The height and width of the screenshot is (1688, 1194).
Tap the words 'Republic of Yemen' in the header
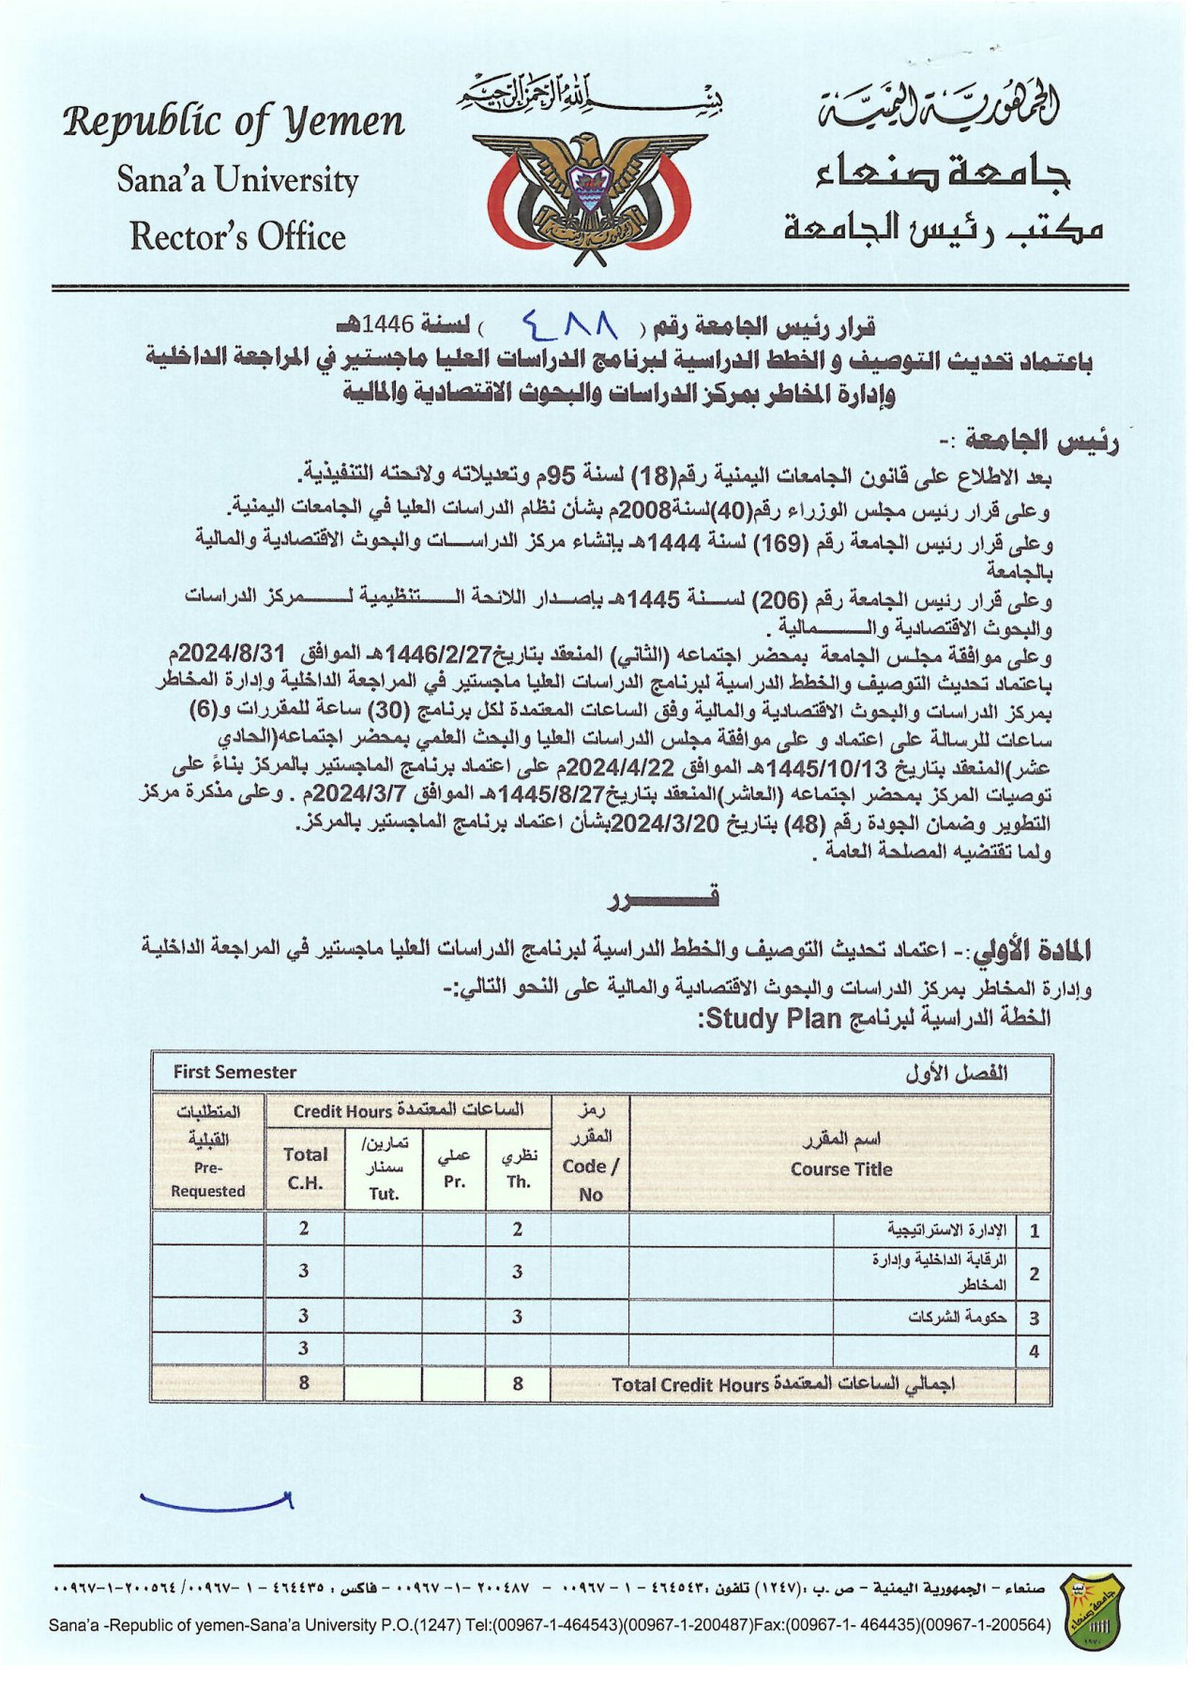click(x=234, y=123)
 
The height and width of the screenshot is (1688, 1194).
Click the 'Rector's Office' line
click(x=237, y=236)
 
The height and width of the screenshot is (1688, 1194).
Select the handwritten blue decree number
click(x=569, y=324)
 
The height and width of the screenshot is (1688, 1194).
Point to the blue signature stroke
click(x=217, y=1501)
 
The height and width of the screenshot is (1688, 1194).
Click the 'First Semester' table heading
click(x=234, y=1072)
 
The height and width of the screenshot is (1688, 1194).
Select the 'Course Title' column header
click(x=840, y=1168)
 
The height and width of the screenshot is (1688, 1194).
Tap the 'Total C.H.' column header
click(x=305, y=1168)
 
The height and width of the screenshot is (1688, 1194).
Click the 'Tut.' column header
click(x=383, y=1194)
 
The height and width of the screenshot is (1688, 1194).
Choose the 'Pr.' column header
click(x=454, y=1182)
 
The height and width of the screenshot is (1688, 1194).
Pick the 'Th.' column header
click(x=518, y=1182)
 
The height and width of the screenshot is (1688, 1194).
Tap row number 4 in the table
click(x=1034, y=1351)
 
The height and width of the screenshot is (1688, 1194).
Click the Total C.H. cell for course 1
click(x=304, y=1228)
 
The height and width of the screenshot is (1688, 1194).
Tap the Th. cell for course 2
click(x=518, y=1272)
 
